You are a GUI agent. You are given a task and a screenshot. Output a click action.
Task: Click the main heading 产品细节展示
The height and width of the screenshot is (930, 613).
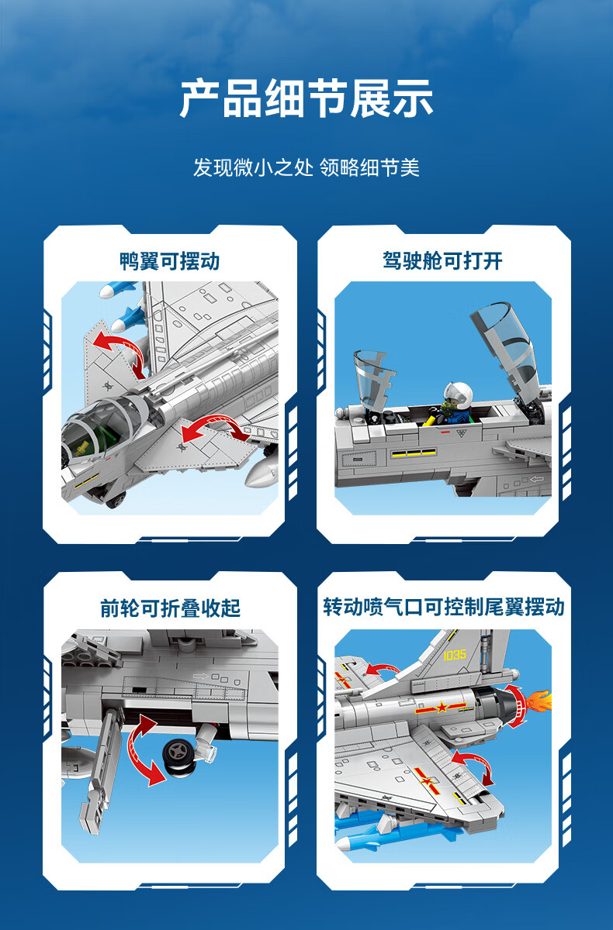click(306, 99)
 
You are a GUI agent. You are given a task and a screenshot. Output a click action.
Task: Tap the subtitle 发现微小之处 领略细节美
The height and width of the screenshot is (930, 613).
click(306, 167)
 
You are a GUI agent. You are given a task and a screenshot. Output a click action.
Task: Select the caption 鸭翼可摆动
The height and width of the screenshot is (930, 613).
click(170, 261)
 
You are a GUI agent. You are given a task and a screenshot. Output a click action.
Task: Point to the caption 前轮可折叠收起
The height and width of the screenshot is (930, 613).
click(171, 608)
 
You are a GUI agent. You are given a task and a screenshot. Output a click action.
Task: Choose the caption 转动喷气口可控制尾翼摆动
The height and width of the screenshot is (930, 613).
click(444, 607)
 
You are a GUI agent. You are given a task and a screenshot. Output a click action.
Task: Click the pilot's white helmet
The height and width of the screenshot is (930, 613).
click(458, 393)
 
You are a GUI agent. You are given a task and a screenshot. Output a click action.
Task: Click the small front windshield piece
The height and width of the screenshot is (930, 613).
click(372, 379)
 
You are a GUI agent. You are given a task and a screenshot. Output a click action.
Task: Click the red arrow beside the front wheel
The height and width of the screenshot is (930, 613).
click(144, 751)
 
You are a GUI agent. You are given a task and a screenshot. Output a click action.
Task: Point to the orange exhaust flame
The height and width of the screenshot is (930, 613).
click(539, 701)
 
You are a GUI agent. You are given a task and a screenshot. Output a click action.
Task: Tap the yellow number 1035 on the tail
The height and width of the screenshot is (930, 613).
click(454, 655)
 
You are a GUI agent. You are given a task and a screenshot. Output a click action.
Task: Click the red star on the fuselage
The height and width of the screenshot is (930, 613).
click(441, 707)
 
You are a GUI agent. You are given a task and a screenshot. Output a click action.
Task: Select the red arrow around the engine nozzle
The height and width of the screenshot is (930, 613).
click(517, 706)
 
